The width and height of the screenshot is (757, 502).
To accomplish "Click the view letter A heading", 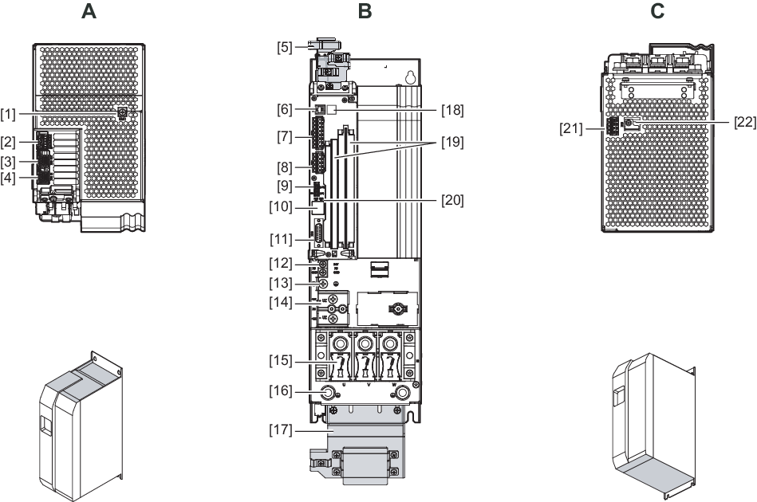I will (89, 12).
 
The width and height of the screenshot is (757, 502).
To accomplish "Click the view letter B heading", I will (365, 12).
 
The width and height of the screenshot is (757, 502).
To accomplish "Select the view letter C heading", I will (657, 12).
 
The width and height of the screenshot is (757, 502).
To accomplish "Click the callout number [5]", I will (285, 47).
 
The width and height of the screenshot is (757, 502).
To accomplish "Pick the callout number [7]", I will (285, 137).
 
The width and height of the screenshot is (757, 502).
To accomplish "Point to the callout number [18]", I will (452, 109).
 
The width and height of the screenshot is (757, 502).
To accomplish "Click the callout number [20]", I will (452, 200).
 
